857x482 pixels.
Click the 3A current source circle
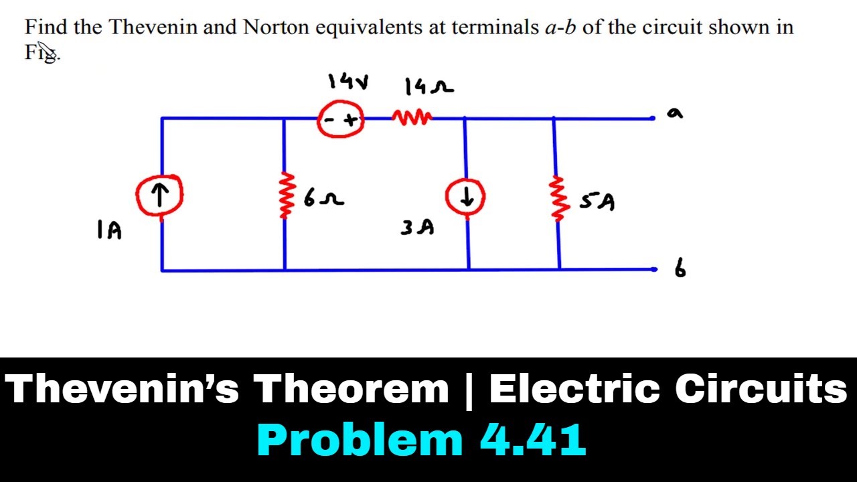coord(447,197)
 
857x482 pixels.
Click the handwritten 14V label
coord(348,82)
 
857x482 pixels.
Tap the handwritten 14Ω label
coord(429,87)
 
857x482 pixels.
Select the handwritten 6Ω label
coord(323,199)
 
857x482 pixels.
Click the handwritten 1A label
coord(110,230)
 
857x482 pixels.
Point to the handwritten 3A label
coord(417,227)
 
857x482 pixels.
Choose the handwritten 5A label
coord(597,202)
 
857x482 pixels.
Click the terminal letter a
coord(675,113)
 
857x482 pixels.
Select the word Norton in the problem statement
coord(276,27)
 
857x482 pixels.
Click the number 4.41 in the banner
coord(533,440)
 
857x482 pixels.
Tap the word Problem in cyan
coord(360,440)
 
